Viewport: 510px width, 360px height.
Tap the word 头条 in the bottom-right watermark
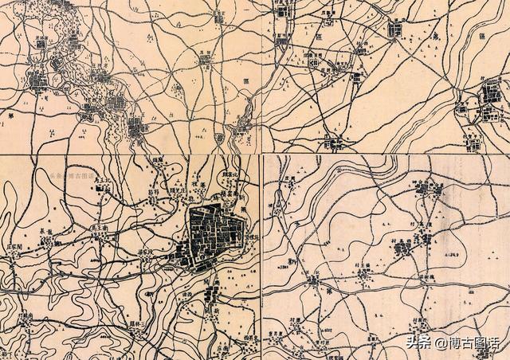coord(418,343)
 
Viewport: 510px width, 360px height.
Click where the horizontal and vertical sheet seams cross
coord(261,154)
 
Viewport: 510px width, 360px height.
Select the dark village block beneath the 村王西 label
coord(402,250)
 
